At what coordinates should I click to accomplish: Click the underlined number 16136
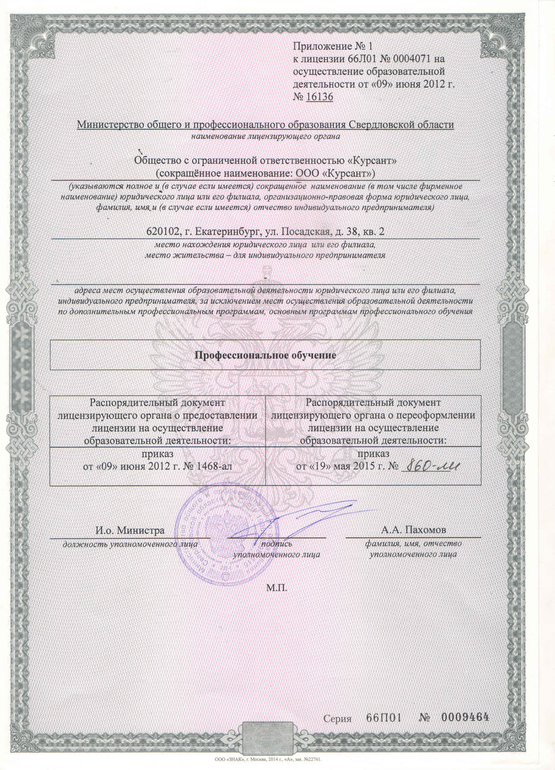point(319,97)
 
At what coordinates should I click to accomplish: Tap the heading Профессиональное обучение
point(265,354)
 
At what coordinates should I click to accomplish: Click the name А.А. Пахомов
point(414,530)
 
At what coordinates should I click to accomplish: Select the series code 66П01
point(383,718)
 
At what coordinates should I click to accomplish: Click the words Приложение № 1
point(328,46)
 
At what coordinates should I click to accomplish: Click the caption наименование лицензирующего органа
point(265,137)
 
